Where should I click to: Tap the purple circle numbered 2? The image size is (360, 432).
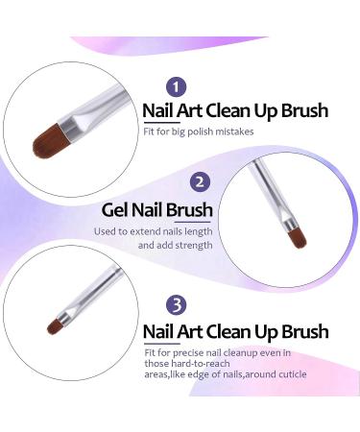(x=199, y=180)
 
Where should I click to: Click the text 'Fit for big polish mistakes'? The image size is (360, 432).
(x=199, y=132)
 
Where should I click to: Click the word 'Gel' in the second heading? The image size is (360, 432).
(x=115, y=209)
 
